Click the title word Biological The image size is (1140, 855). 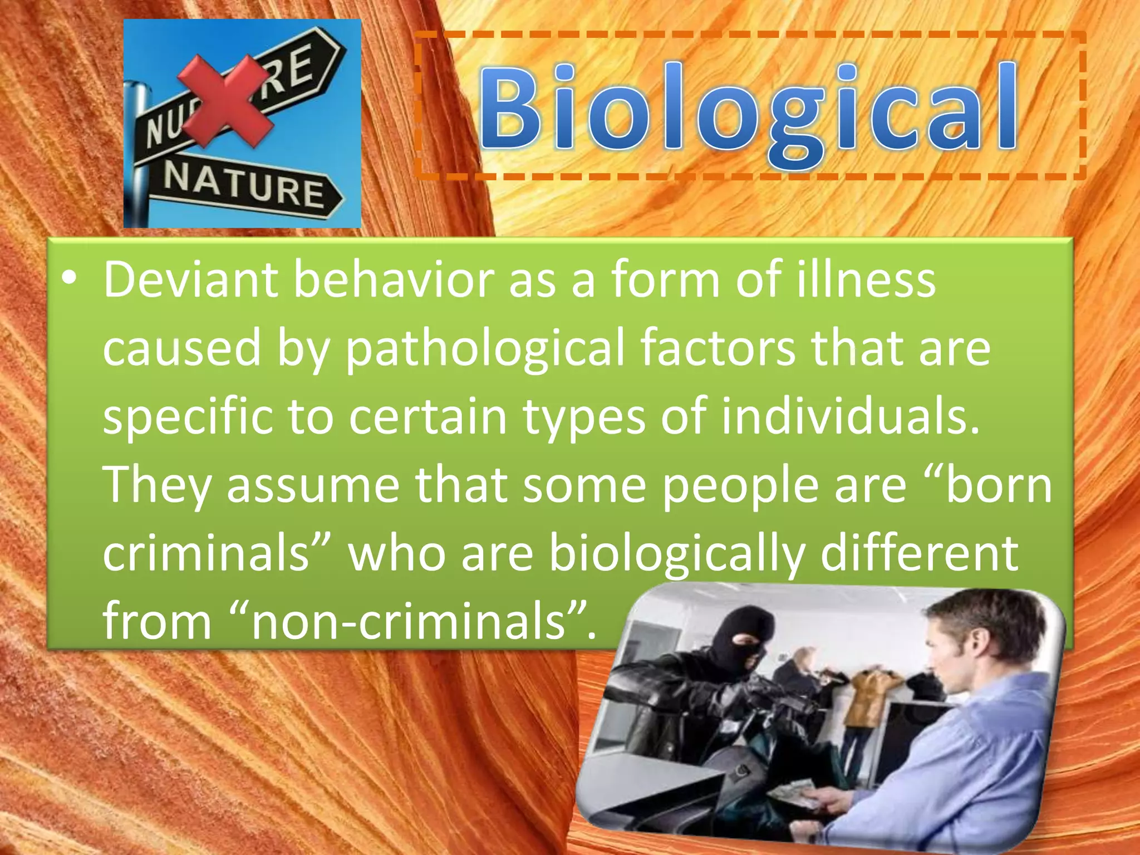749,109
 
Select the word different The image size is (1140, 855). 919,553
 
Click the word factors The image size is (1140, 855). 718,349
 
